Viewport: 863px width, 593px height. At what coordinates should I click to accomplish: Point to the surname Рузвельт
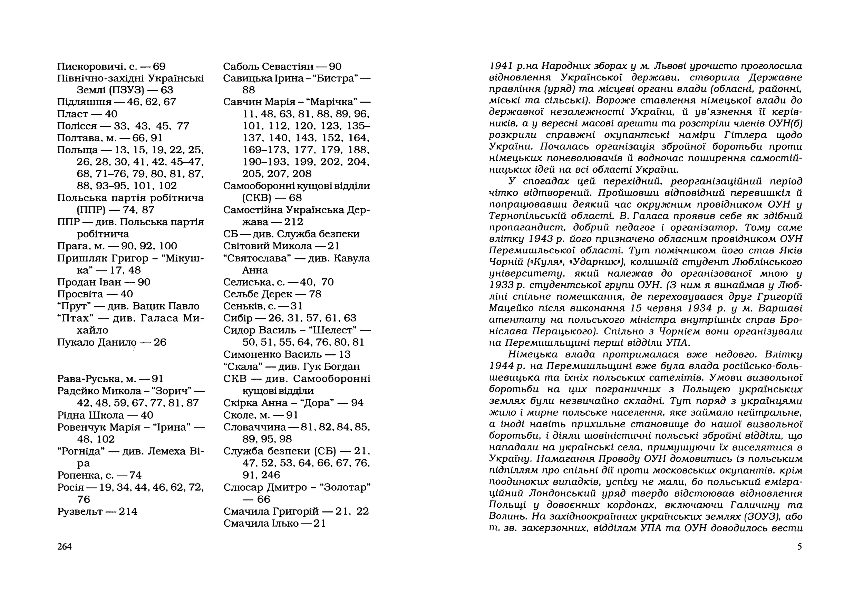[80, 511]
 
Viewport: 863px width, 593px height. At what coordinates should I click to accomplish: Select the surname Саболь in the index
[241, 67]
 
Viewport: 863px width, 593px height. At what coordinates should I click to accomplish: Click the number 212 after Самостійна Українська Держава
[294, 222]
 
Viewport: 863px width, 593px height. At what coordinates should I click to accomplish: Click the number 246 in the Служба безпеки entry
[271, 475]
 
